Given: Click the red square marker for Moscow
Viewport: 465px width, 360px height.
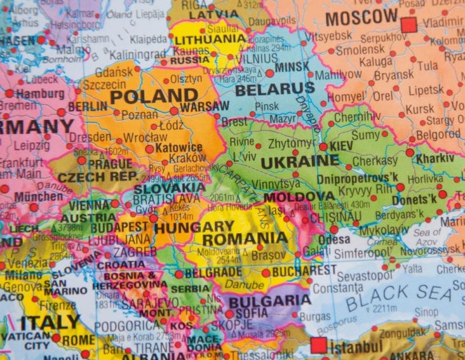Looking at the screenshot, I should pyautogui.click(x=408, y=25).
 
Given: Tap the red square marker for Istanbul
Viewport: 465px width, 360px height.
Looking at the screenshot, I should pyautogui.click(x=318, y=345).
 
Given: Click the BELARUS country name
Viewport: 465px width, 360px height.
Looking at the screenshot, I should pyautogui.click(x=274, y=90).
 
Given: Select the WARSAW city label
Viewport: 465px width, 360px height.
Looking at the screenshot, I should pyautogui.click(x=204, y=106).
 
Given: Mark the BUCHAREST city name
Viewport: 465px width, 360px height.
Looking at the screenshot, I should pyautogui.click(x=304, y=271).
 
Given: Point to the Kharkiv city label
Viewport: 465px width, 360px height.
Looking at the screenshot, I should pyautogui.click(x=436, y=157).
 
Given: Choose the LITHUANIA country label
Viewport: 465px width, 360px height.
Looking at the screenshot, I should pyautogui.click(x=210, y=39).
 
